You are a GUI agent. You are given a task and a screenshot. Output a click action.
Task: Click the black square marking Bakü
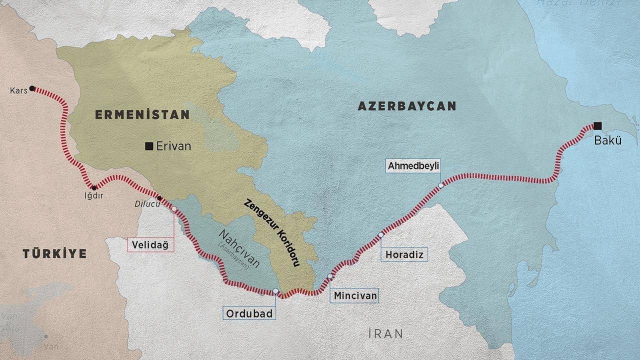click(x=597, y=125)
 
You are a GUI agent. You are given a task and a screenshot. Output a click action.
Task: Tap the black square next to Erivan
click(x=148, y=146)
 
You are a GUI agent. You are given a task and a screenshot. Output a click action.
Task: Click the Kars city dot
click(x=32, y=88)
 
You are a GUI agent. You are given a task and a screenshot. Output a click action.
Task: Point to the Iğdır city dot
click(x=94, y=187)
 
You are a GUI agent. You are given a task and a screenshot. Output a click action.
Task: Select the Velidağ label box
click(x=150, y=244)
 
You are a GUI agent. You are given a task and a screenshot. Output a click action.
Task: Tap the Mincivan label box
click(x=354, y=295)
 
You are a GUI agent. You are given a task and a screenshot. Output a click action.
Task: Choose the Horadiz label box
click(x=404, y=254)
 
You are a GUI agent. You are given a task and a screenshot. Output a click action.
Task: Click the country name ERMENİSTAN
click(x=142, y=114)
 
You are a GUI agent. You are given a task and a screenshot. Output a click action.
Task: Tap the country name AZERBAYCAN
click(x=406, y=106)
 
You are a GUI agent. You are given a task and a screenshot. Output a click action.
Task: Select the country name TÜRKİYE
click(x=54, y=253)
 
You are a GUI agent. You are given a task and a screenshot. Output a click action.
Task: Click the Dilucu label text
click(x=144, y=203)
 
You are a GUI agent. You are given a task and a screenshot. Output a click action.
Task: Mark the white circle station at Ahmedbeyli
click(x=440, y=185)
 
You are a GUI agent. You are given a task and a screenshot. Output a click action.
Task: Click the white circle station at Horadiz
click(x=381, y=234)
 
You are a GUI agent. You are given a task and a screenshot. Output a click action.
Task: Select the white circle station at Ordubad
click(x=275, y=290)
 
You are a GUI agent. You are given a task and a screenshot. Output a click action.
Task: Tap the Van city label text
click(x=48, y=346)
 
